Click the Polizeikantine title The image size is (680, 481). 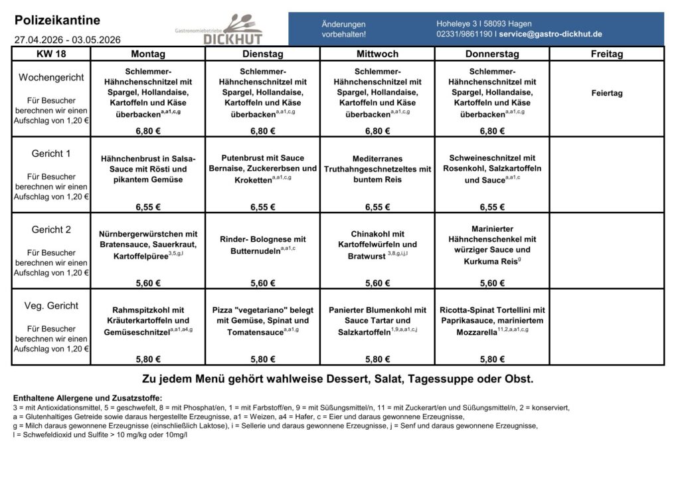pos(57,21)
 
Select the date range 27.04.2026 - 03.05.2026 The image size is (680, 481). pos(67,40)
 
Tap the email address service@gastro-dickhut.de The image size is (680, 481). pos(551,34)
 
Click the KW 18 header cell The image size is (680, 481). pos(51,54)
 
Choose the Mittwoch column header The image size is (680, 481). pos(377,54)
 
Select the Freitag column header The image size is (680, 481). pos(607,54)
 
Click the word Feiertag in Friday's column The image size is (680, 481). pos(607,93)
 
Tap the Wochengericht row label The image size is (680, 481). pos(51,78)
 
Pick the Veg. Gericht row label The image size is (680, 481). pos(51,306)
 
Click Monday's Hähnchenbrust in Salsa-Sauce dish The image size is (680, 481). pos(148,169)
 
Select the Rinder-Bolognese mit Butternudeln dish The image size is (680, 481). pos(263,245)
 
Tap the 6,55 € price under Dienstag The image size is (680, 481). pos(263,207)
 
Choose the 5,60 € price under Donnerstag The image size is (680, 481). pos(492,283)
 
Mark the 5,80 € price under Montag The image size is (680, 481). pos(148,359)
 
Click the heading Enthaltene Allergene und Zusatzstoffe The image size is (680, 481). pos(83,398)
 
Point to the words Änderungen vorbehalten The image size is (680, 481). pos(343,29)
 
